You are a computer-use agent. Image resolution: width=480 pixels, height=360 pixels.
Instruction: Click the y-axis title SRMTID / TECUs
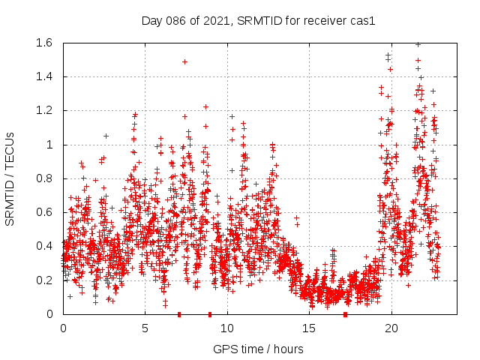coord(10,178)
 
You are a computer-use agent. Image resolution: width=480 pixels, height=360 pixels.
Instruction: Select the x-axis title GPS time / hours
coord(258,349)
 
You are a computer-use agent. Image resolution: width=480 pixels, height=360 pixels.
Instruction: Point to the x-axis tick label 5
coord(145,328)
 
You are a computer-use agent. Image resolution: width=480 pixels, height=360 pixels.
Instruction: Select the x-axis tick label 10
coord(227,328)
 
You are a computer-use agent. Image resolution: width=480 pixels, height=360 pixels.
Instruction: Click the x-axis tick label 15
coord(310,328)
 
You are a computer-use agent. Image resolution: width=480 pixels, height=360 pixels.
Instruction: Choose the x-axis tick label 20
coord(391,328)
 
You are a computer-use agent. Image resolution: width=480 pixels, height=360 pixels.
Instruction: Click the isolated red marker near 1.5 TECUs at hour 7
coord(184,61)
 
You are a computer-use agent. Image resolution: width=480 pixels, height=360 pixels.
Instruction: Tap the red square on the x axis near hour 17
coord(345,314)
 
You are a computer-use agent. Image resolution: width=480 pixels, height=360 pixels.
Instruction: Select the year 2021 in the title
coord(214,19)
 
